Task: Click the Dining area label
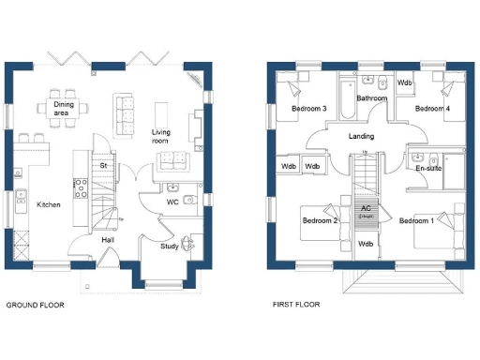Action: coord(65,108)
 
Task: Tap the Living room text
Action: coord(166,137)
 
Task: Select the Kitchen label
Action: coord(49,204)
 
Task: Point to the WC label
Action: coord(172,202)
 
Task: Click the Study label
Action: coord(169,247)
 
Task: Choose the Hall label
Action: coord(109,240)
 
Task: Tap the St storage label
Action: coord(105,166)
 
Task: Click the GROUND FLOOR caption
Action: coord(36,306)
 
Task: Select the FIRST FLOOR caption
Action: coord(296,306)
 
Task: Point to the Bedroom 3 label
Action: coord(308,109)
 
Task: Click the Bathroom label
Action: coord(372,97)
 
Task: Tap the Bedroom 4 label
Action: coord(432,109)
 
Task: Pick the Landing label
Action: coord(361,137)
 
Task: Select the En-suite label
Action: coord(428,169)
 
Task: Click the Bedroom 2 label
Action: coord(320,221)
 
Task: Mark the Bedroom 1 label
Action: coord(416,221)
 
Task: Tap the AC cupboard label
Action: coord(366,208)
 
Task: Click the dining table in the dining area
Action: coord(65,106)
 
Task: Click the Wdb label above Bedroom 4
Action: coord(405,82)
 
